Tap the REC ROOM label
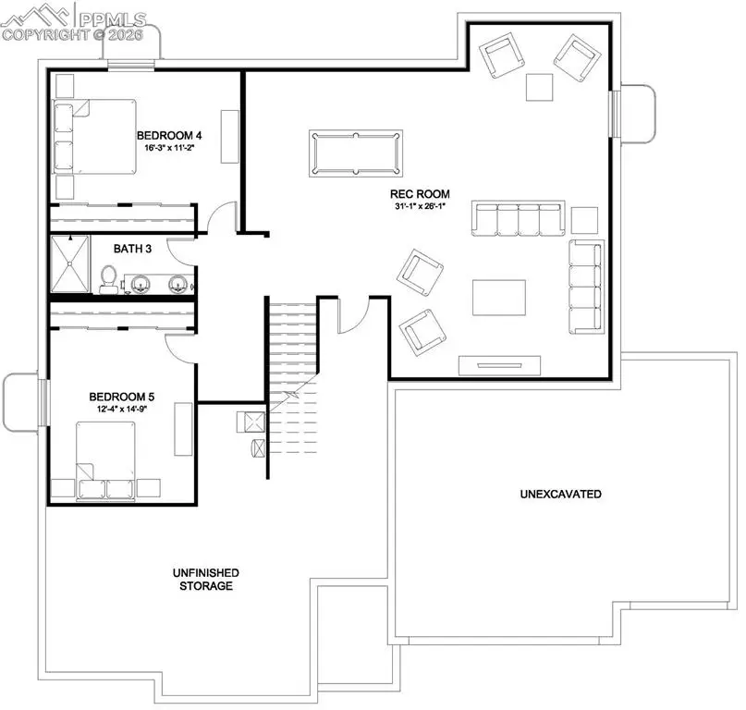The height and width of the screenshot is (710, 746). pos(420,194)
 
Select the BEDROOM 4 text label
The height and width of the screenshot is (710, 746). pos(169,135)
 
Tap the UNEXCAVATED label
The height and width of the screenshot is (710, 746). pos(560,495)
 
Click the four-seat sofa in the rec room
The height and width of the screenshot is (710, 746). pos(518,219)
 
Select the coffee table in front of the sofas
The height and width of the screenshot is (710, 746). pos(499,299)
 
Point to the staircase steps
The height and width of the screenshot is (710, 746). pos(292,342)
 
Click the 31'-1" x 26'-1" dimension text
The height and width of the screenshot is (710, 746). pos(420,206)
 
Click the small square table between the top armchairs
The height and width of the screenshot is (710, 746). pos(540,86)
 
